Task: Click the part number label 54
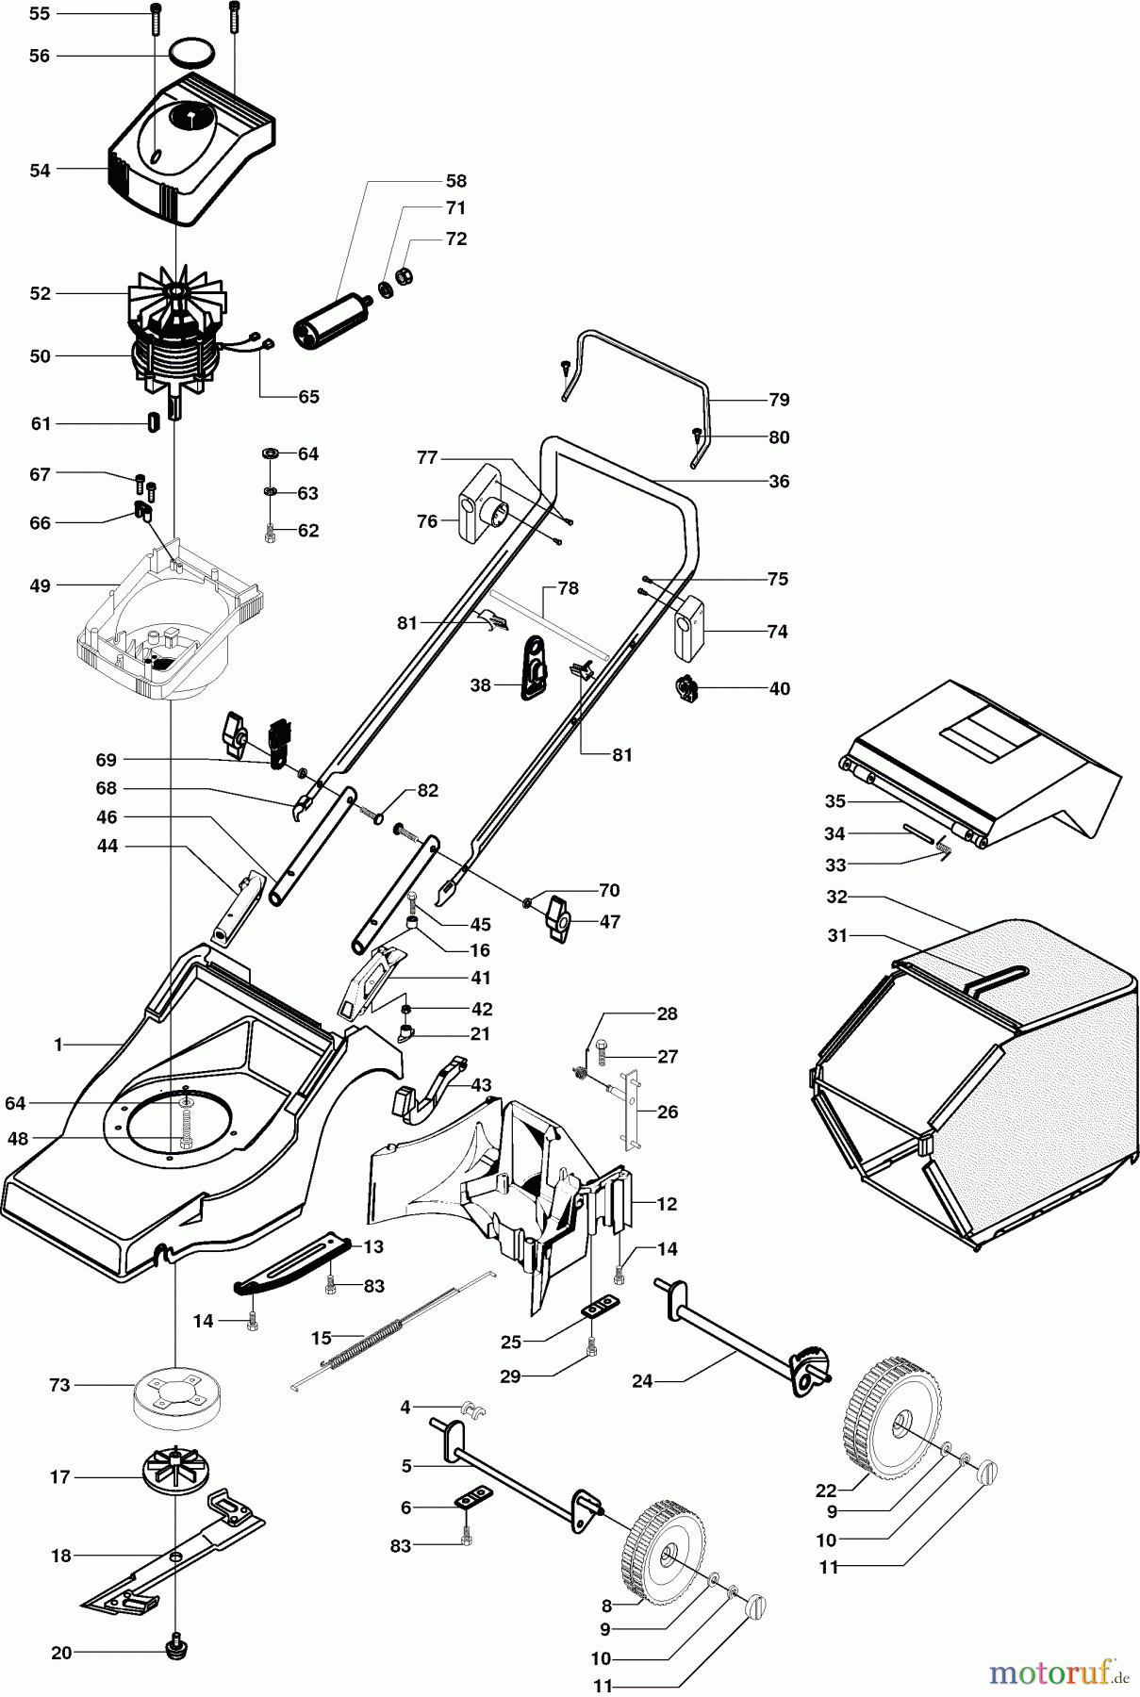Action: (x=40, y=170)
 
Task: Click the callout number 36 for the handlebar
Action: (x=778, y=481)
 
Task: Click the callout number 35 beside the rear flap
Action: (x=834, y=801)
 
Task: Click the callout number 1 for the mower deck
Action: (x=58, y=1044)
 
